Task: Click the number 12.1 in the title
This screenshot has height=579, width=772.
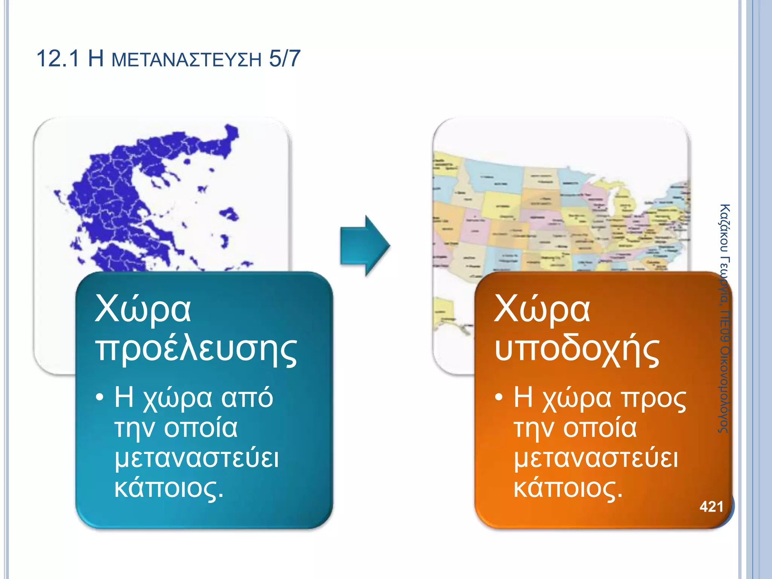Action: (58, 59)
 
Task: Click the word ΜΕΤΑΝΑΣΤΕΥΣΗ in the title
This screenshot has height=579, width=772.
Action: (187, 60)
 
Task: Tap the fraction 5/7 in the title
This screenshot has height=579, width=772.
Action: (285, 59)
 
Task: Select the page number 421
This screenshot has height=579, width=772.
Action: (711, 507)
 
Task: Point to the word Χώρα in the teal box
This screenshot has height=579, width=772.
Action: (143, 309)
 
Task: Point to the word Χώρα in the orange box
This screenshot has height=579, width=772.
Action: (542, 309)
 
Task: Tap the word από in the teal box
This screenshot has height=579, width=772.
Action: (247, 398)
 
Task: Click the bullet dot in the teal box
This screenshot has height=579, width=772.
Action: (100, 397)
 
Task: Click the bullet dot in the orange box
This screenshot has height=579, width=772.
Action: (499, 397)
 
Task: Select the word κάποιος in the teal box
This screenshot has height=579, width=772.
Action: (168, 489)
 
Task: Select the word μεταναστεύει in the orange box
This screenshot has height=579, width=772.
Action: (596, 458)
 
